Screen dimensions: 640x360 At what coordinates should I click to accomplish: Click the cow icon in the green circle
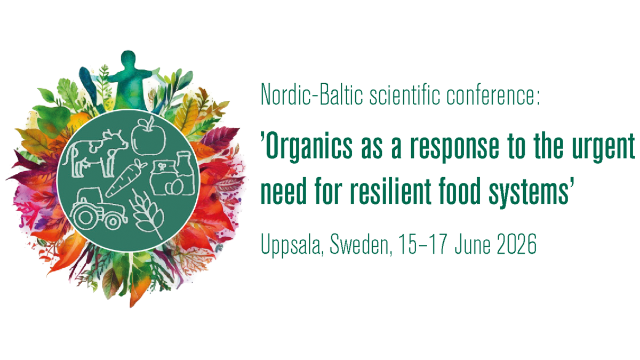94,154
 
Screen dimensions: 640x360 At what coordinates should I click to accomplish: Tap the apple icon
149,135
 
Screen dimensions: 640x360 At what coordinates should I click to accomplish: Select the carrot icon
126,178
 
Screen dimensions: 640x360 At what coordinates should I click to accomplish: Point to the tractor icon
98,209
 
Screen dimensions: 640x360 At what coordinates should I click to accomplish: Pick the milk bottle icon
185,173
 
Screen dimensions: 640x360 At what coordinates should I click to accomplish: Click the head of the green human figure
128,60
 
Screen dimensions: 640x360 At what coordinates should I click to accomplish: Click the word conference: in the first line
493,94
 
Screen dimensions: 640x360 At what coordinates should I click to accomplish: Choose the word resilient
390,190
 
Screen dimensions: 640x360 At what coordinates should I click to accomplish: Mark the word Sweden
361,245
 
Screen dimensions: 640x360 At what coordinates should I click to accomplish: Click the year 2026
517,244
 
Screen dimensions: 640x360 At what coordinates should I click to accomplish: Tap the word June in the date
473,244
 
